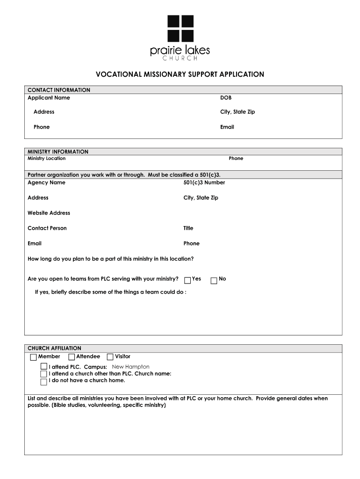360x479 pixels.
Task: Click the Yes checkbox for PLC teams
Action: (x=187, y=280)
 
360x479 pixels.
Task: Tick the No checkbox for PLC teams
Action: (x=214, y=280)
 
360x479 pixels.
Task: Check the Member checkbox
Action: (x=33, y=357)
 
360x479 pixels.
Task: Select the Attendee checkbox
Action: (x=72, y=357)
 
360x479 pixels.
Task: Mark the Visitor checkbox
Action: (x=110, y=357)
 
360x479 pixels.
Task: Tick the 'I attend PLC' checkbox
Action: (x=44, y=367)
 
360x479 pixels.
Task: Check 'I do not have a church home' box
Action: (x=44, y=381)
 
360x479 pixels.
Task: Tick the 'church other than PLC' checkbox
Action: (x=44, y=374)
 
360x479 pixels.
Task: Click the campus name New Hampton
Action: (x=131, y=367)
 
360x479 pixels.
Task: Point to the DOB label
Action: (x=226, y=98)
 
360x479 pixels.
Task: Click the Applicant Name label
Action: (x=49, y=98)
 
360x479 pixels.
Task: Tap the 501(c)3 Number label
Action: (x=204, y=182)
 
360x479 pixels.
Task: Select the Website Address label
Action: (x=49, y=213)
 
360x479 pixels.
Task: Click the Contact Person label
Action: (x=47, y=228)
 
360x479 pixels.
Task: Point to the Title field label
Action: (x=188, y=228)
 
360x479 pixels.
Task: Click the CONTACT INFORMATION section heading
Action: (x=59, y=90)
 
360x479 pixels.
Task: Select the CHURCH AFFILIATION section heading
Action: (x=54, y=348)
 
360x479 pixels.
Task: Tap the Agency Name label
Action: (x=46, y=182)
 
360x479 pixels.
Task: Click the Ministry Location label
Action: (x=46, y=159)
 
